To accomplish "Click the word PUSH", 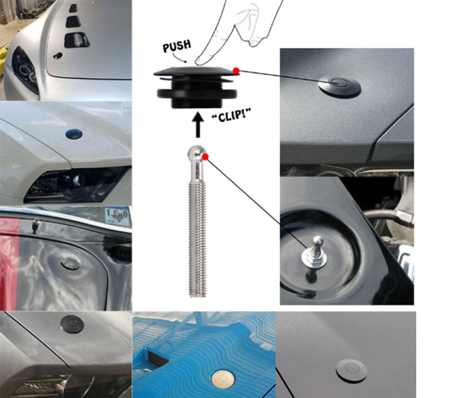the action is pyautogui.click(x=177, y=46).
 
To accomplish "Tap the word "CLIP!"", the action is pyautogui.click(x=232, y=115).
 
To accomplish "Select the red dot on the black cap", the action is pyautogui.click(x=236, y=71).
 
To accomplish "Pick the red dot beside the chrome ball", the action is pyautogui.click(x=206, y=157).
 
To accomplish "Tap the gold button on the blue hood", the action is pyautogui.click(x=223, y=379).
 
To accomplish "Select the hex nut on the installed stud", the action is pyautogui.click(x=314, y=256).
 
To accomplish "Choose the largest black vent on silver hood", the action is pyautogui.click(x=77, y=40).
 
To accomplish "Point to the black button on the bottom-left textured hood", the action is pyautogui.click(x=72, y=324).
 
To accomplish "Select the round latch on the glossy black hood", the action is pyautogui.click(x=352, y=371).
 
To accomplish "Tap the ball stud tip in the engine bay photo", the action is pyautogui.click(x=317, y=241).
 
